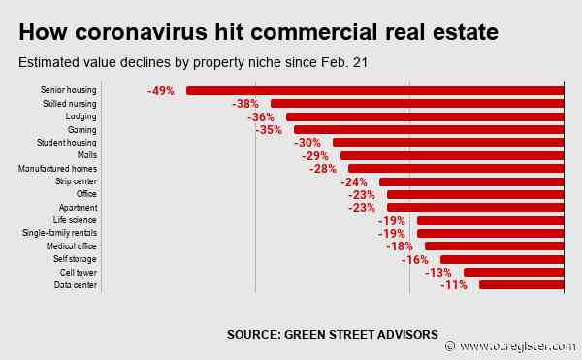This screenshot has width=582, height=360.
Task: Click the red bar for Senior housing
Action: pos(375,90)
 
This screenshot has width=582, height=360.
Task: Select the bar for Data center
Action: pos(522,285)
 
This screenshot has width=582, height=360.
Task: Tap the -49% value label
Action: pos(161,90)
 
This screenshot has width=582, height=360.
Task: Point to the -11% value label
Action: pos(454,285)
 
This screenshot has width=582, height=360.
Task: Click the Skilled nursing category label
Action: pos(70,104)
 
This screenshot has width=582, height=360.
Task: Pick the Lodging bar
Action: pos(425,116)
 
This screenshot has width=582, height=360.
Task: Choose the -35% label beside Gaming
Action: pos(269,130)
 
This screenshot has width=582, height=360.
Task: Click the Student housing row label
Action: pos(69,143)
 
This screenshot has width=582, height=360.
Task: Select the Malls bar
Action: pos(452,155)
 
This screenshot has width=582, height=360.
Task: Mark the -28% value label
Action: pos(323,169)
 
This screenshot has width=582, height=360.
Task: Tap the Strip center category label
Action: pos(77,181)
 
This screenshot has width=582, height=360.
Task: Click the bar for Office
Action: pos(475,194)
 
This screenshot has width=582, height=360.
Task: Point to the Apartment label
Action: pos(79,208)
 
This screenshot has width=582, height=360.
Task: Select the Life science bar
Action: pos(491,220)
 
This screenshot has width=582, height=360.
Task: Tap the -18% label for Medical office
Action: pos(400,246)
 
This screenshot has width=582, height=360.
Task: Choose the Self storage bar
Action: pos(502,259)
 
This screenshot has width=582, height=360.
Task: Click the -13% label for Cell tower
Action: pos(438,273)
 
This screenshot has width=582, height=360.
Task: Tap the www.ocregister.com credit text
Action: pos(517,346)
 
